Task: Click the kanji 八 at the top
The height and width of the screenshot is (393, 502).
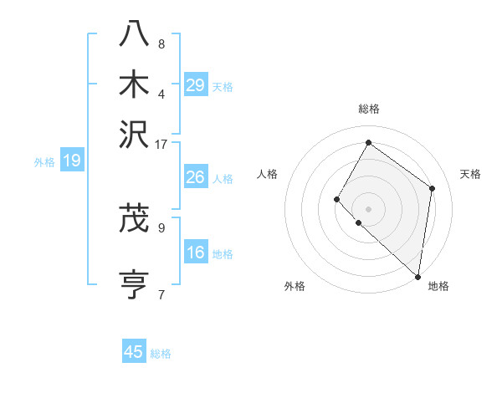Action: [x=134, y=34]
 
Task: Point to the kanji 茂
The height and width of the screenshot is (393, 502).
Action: [x=134, y=219]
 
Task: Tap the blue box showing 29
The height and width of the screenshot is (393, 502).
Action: [x=196, y=85]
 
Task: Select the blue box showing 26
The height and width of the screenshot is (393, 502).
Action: [x=196, y=178]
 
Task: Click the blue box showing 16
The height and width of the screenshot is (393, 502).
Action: [x=196, y=253]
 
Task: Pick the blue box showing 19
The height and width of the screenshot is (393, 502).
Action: [x=72, y=161]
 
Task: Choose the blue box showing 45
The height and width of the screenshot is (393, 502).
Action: [x=134, y=352]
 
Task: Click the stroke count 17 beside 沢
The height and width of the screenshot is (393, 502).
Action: [x=161, y=144]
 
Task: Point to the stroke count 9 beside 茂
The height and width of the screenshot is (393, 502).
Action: [x=161, y=226]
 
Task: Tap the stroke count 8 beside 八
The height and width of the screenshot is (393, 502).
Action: [x=161, y=43]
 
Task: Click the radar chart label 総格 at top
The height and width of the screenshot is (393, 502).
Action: [x=368, y=109]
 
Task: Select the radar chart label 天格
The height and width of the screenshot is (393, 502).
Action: [x=470, y=174]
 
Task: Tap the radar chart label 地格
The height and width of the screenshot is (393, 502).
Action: [x=438, y=287]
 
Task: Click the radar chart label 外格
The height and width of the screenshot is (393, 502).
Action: [x=295, y=287]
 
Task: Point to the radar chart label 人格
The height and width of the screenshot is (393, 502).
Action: [x=268, y=174]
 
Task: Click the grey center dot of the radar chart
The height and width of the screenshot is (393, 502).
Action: [x=368, y=208]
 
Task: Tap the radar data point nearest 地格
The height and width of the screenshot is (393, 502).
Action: [x=417, y=276]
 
